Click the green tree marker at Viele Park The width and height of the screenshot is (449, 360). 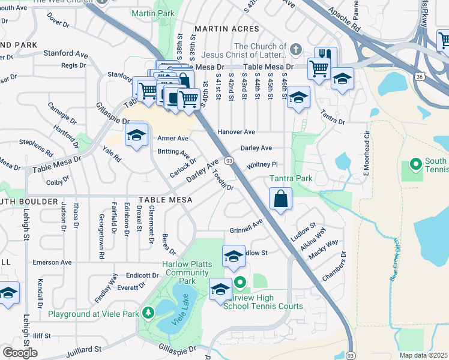(146, 313)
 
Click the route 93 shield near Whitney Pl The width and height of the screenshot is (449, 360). (229, 161)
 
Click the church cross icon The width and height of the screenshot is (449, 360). (295, 49)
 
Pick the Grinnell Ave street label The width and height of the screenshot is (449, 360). (246, 230)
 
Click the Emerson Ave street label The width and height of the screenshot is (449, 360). (52, 262)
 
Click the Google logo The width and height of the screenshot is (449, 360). (20, 353)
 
